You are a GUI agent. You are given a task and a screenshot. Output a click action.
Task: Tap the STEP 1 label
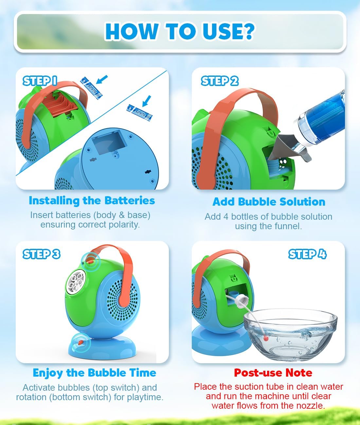[40, 81]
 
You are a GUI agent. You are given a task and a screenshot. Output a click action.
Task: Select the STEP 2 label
[220, 81]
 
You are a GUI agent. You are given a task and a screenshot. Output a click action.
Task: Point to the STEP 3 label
[41, 254]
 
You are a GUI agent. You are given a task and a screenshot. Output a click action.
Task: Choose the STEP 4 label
[307, 254]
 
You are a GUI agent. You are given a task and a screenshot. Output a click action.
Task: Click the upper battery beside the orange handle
[91, 88]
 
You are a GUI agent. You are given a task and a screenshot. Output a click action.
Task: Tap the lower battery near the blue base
[139, 113]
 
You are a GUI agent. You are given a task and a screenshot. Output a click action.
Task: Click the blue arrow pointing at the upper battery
[102, 79]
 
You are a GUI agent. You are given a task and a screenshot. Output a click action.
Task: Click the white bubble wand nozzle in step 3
[76, 282]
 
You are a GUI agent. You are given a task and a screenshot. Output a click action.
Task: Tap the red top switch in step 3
[90, 262]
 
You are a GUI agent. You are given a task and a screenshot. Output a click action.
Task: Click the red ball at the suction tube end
[266, 338]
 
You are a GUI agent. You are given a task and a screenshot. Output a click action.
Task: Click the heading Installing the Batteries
[92, 200]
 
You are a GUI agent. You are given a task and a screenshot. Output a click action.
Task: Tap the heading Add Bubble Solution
[269, 202]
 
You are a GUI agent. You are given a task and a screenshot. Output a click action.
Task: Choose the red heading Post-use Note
[273, 373]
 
